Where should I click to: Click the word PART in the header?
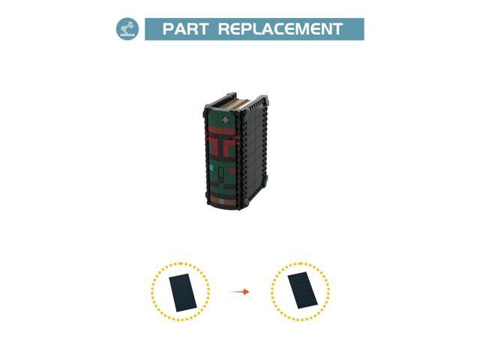pyautogui.click(x=185, y=28)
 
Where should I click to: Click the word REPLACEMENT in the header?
pyautogui.click(x=280, y=28)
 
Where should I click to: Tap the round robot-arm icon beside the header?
pyautogui.click(x=127, y=28)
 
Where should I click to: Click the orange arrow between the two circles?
pyautogui.click(x=239, y=292)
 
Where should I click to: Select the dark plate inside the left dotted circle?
pyautogui.click(x=183, y=292)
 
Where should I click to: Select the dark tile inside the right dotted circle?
pyautogui.click(x=302, y=290)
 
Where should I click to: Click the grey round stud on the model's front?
pyautogui.click(x=225, y=120)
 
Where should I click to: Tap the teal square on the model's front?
pyautogui.click(x=211, y=168)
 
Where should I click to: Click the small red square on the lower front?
pyautogui.click(x=232, y=171)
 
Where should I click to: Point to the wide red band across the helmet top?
pyautogui.click(x=222, y=132)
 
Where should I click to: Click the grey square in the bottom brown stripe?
pyautogui.click(x=222, y=202)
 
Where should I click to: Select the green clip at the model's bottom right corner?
pyautogui.click(x=266, y=180)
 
